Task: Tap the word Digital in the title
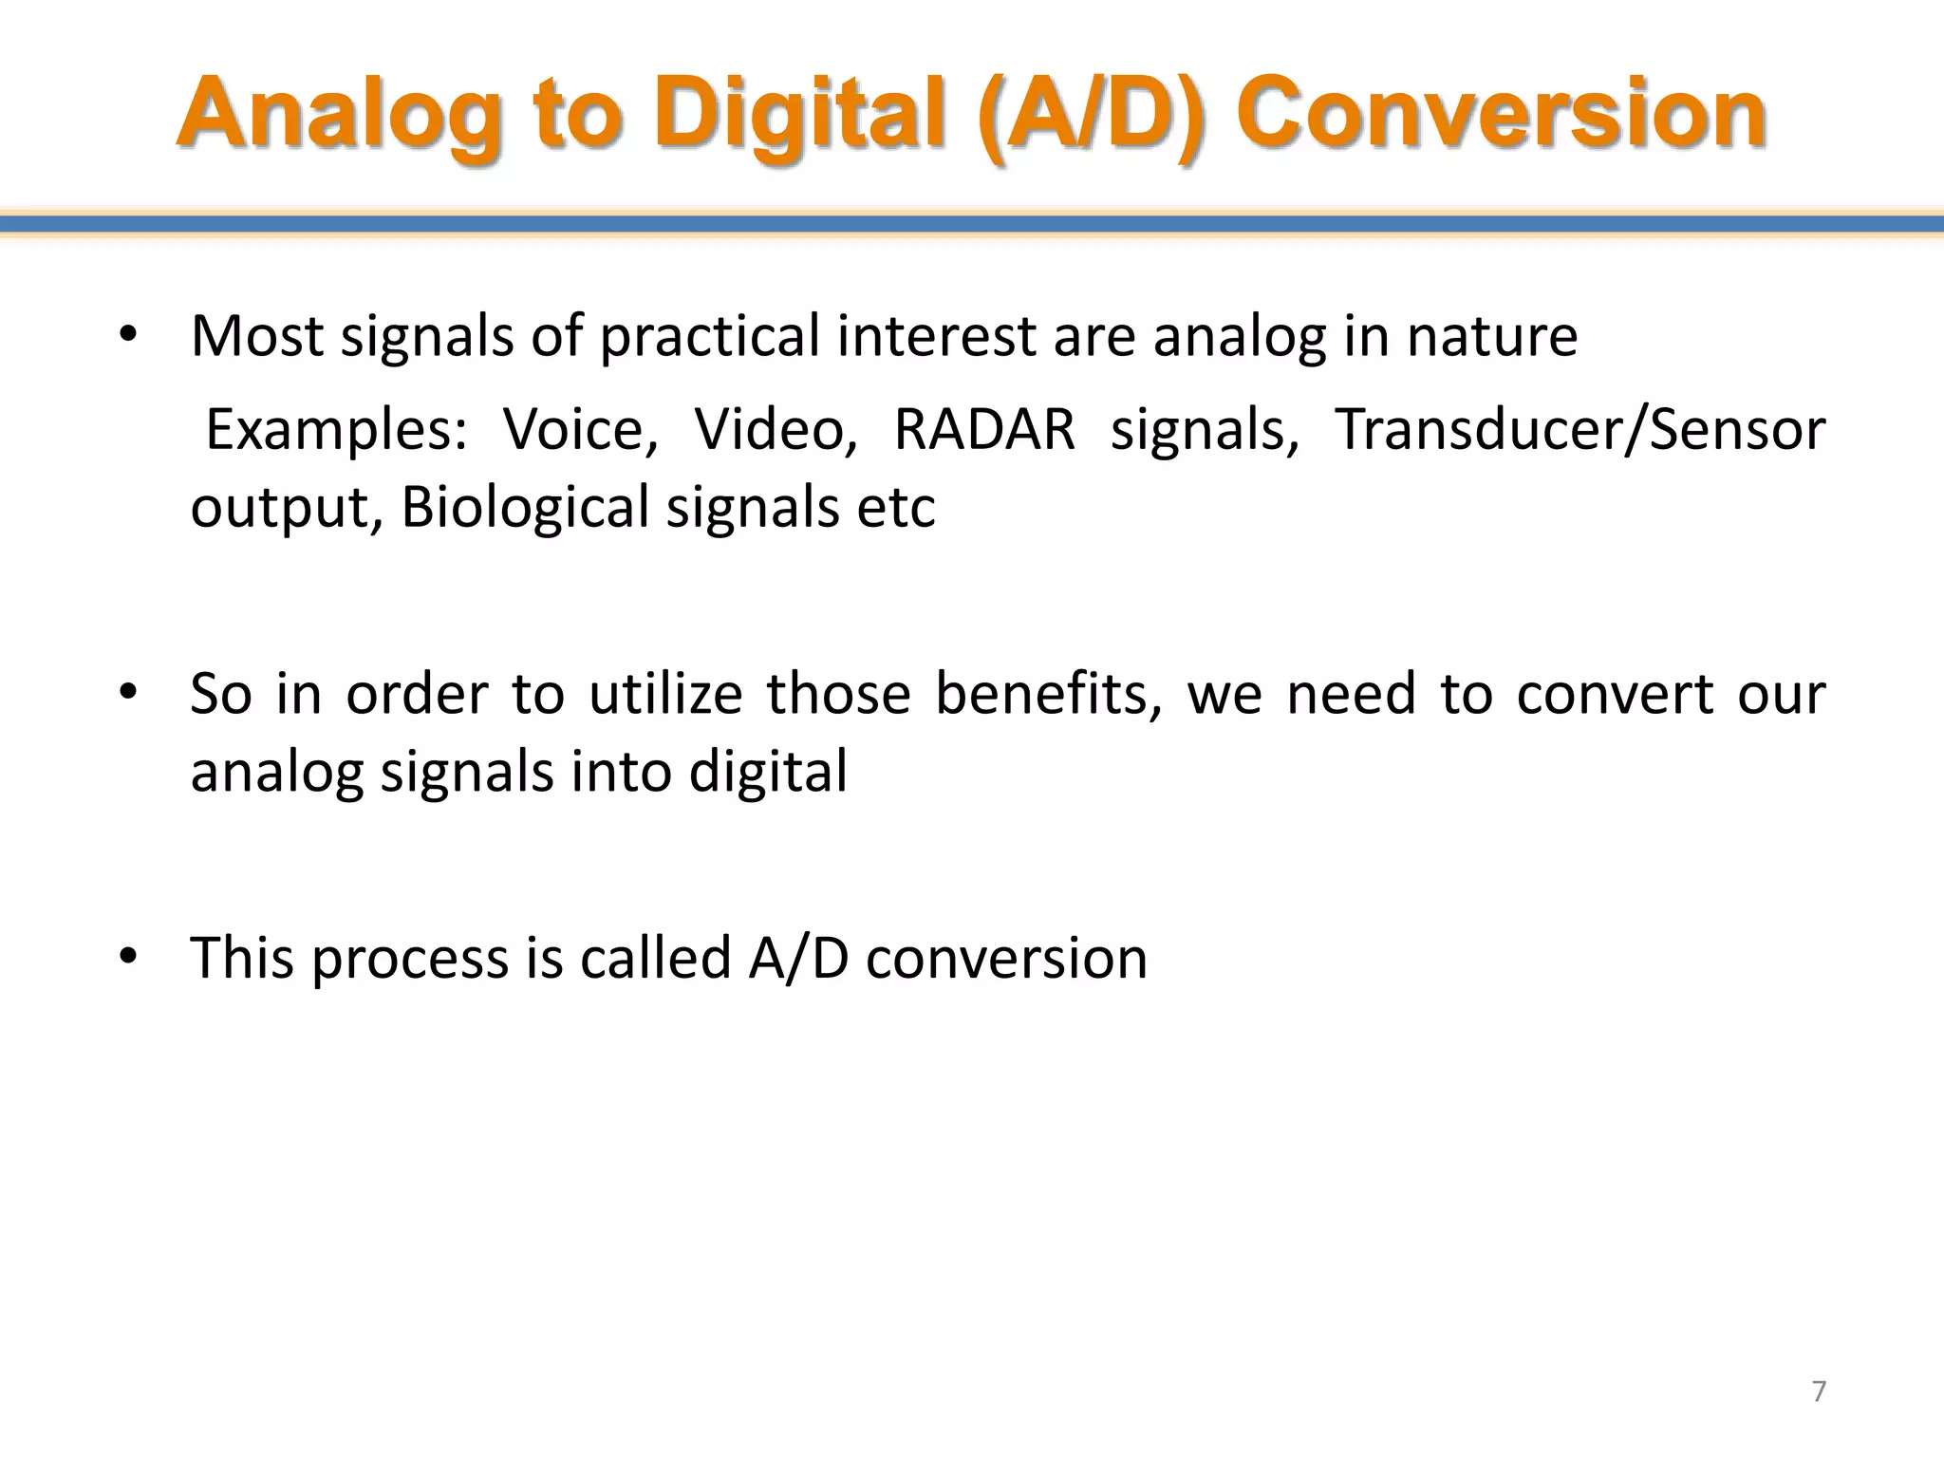coord(800,116)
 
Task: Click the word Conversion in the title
coord(1502,116)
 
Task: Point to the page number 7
coord(1819,1392)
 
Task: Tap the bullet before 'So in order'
coord(129,693)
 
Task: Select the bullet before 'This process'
coord(129,957)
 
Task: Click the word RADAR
coord(984,430)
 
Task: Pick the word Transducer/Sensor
coord(1579,430)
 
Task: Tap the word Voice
coord(580,430)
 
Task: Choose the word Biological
coord(525,508)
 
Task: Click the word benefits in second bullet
coord(1048,693)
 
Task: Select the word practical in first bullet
coord(710,337)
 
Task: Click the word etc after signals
coord(896,508)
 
